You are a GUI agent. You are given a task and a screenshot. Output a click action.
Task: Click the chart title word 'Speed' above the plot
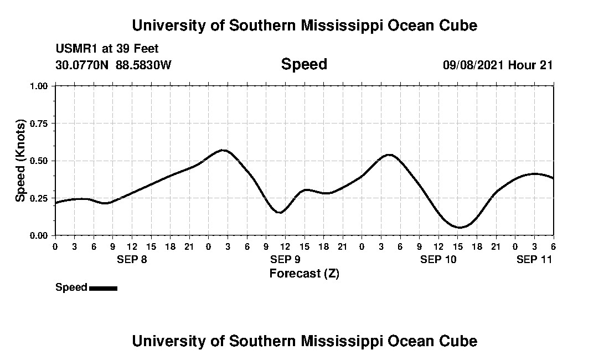coord(304,64)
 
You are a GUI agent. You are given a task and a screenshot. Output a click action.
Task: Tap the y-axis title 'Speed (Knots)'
coord(20,161)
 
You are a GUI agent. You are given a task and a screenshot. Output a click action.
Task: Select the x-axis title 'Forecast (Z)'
coord(304,274)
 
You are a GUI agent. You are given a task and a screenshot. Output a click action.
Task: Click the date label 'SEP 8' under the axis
coord(132,260)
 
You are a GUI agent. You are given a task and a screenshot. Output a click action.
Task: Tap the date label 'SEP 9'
coord(285,260)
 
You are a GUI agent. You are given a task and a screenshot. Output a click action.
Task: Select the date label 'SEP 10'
coord(438,260)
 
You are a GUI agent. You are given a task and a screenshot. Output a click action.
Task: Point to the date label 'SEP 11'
coord(534,260)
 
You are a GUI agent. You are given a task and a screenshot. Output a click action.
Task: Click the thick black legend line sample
coord(103,288)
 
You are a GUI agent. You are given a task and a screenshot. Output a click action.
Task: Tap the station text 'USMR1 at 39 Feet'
coord(107,49)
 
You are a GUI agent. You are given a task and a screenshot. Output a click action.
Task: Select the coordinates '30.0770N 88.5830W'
coord(113,65)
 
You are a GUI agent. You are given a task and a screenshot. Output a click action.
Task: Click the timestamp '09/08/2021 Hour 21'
coord(498,65)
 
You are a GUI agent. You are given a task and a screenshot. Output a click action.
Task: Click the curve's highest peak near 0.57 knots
coord(223,150)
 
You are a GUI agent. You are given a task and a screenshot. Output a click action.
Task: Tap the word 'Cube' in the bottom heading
coord(461,341)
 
